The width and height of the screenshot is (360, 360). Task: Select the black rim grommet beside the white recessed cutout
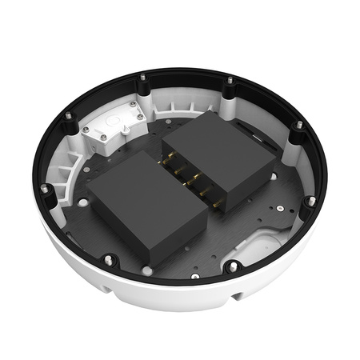(x=233, y=267)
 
